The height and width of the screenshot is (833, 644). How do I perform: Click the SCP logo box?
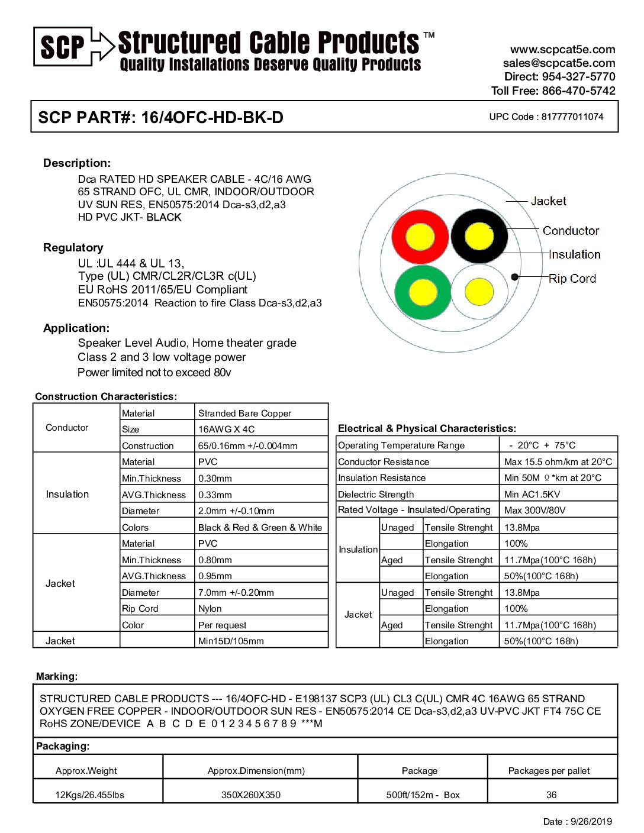(63, 46)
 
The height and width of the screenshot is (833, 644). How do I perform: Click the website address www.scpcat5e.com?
(562, 50)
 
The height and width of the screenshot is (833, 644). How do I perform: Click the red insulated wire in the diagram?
(420, 235)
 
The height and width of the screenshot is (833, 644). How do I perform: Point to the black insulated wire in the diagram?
(479, 237)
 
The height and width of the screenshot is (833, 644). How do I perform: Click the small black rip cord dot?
(515, 276)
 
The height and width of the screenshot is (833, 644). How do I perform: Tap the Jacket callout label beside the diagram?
(548, 201)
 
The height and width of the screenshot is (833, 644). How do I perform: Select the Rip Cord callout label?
(572, 279)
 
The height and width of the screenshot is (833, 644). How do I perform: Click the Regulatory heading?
(73, 247)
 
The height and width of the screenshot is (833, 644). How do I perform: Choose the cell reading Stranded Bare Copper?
(244, 413)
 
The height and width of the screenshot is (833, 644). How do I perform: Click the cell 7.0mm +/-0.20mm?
(236, 592)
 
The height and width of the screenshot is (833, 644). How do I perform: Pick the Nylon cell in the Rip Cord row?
(210, 608)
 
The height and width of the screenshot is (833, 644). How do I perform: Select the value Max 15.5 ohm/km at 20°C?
(558, 461)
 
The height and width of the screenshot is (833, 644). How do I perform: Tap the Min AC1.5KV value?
(532, 494)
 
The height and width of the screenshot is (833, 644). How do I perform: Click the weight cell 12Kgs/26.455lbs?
(89, 795)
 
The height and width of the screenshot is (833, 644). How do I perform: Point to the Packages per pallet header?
(549, 770)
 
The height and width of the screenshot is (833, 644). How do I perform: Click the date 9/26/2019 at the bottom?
(590, 821)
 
